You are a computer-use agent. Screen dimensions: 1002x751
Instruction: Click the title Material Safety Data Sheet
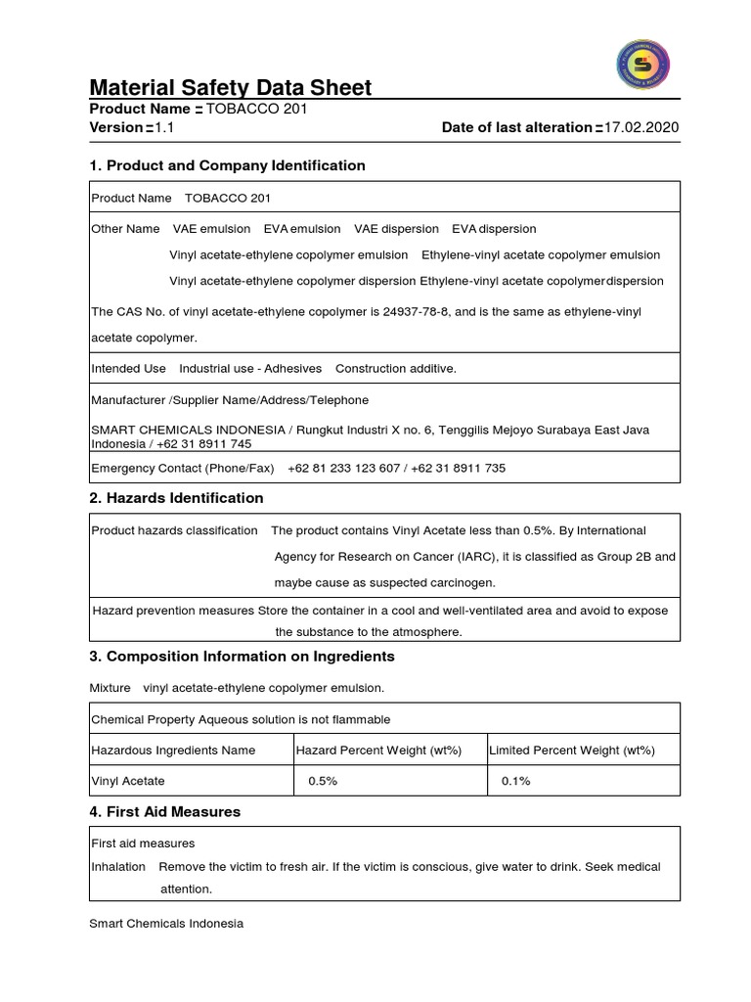(231, 88)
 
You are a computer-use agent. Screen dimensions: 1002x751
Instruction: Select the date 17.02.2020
(641, 127)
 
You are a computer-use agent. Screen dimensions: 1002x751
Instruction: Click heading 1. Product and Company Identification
(227, 165)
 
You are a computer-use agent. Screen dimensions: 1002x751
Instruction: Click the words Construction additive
(395, 369)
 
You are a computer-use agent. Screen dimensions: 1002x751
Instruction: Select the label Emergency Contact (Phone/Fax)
(183, 468)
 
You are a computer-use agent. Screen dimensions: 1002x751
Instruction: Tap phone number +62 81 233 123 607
(344, 468)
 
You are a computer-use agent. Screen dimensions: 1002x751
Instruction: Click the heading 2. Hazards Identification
(176, 498)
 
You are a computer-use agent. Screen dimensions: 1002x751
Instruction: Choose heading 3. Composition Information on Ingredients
(242, 656)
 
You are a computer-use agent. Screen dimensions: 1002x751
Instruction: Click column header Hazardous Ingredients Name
(173, 751)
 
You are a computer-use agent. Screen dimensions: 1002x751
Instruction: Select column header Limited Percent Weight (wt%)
(572, 751)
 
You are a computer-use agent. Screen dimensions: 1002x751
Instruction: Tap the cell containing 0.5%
(323, 781)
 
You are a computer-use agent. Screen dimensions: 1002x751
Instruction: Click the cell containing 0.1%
(516, 781)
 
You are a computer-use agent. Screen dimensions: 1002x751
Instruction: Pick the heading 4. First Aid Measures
(164, 811)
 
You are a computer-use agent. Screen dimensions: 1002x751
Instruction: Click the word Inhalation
(118, 866)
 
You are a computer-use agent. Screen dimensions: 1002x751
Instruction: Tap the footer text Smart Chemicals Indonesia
(166, 923)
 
